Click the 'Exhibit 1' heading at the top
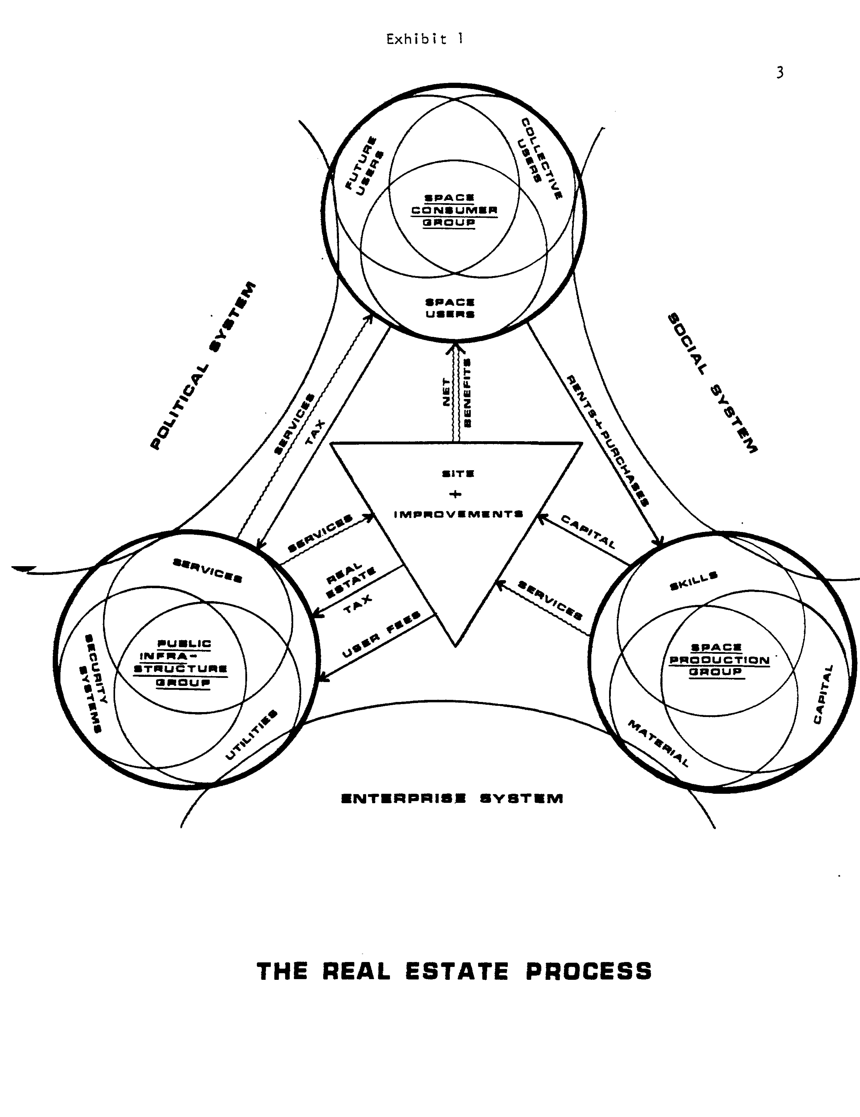[425, 39]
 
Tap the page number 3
[779, 73]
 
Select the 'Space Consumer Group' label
[454, 210]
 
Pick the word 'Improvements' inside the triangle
[458, 514]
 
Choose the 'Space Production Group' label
[719, 660]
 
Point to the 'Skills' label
[693, 581]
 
